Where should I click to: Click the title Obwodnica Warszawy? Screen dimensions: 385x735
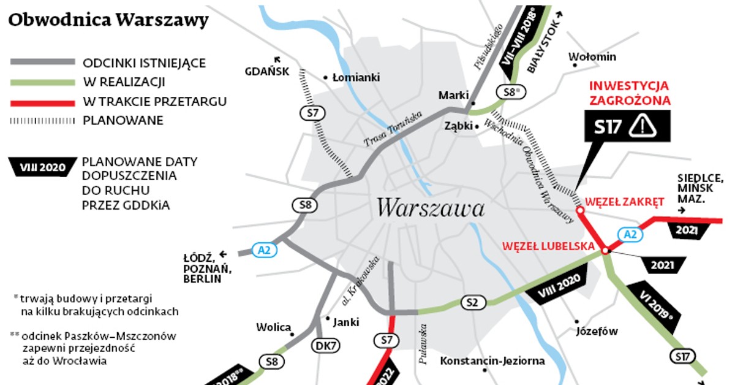click(108, 20)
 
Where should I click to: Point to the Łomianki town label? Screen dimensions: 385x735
click(356, 78)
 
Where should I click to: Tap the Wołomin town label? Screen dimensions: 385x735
click(592, 57)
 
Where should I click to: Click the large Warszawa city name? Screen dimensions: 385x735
click(431, 208)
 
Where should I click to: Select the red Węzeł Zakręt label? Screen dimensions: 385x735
click(625, 201)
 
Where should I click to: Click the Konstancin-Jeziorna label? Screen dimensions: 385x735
click(492, 360)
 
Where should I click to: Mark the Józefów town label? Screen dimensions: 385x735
click(597, 332)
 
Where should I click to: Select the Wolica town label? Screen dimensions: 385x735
click(273, 327)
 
